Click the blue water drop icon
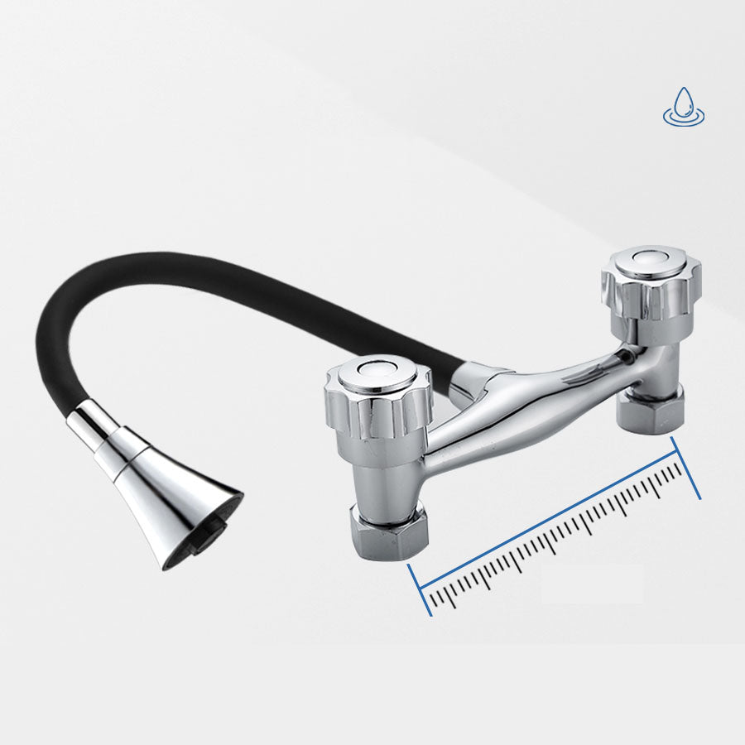tap(684, 105)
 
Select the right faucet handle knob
tap(651, 286)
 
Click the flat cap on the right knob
tap(651, 259)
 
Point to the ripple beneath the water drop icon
tap(684, 119)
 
